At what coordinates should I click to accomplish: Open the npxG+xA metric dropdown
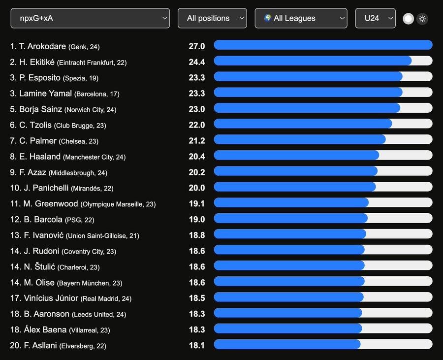90,18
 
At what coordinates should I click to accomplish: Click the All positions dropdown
212,18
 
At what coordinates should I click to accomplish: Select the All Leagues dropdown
301,18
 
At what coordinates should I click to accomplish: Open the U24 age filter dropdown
375,18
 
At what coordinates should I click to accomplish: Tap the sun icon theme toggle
422,19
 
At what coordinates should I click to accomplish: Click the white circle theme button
408,19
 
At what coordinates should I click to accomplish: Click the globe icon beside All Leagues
267,18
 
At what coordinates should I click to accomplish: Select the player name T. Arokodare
42,46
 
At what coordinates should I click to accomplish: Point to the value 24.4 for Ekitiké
197,62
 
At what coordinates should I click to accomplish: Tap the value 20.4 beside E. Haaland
197,157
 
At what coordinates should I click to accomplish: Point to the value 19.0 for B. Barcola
197,220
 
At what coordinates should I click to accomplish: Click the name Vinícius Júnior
51,298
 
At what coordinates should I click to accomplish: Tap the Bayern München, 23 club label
90,283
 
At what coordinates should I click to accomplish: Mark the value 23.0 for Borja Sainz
197,109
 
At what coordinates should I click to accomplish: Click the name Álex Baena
45,330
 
